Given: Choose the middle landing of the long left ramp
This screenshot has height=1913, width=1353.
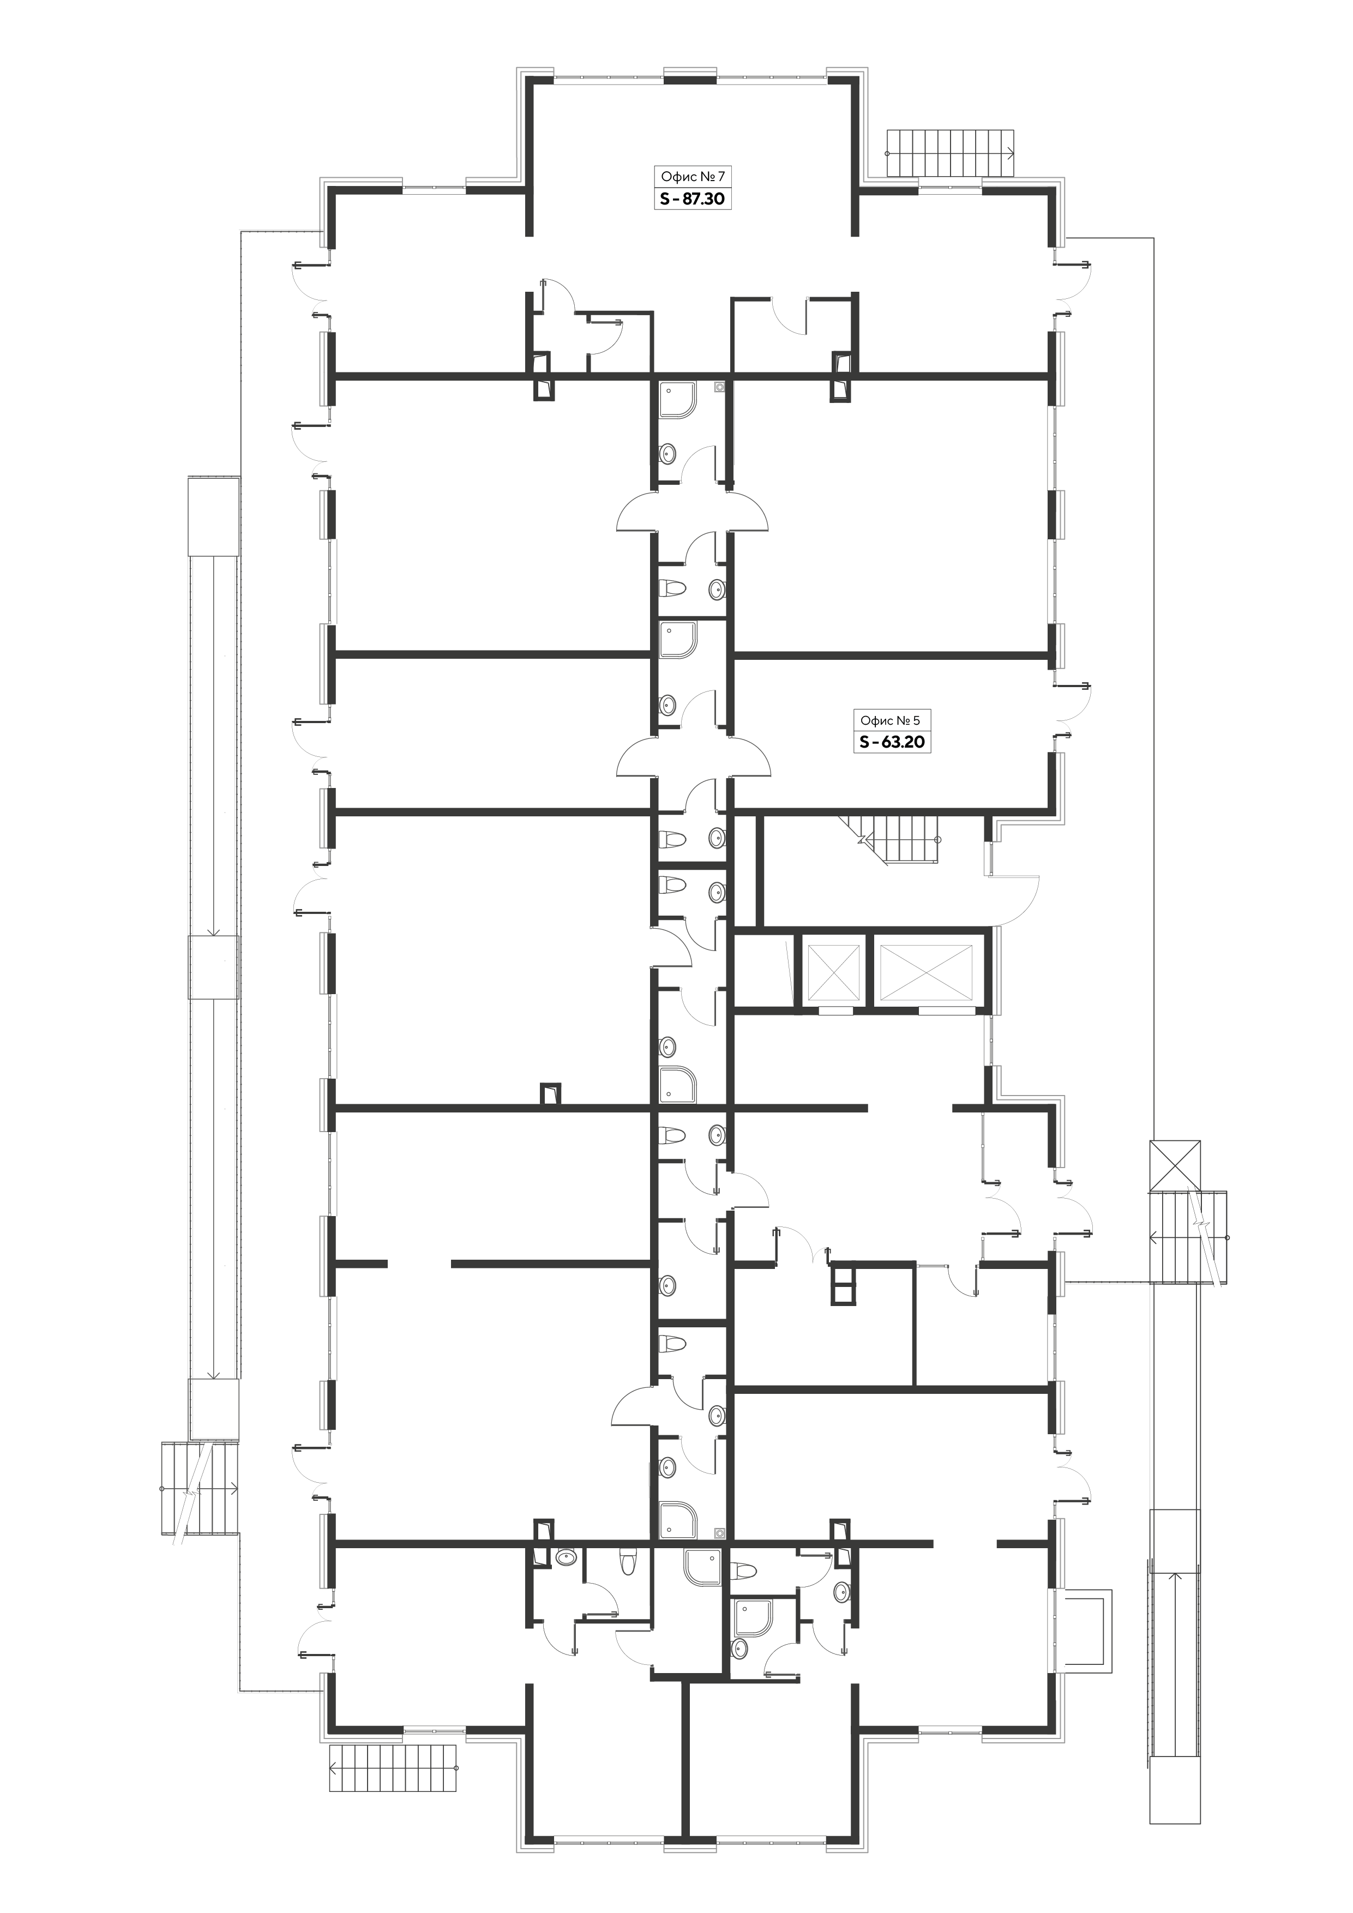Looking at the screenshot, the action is click(x=213, y=966).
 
